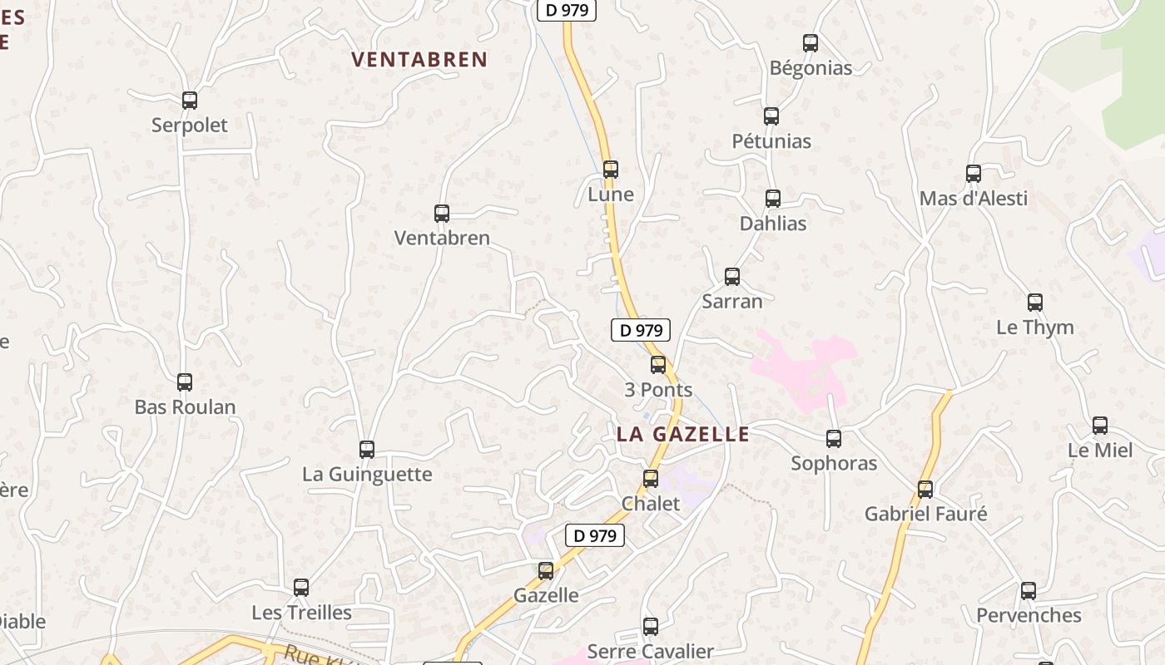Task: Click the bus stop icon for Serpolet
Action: (190, 101)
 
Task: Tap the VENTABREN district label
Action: (419, 60)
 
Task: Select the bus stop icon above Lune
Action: (610, 170)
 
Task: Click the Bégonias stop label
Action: (811, 68)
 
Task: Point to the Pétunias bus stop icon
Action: (771, 116)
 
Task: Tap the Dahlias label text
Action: (773, 224)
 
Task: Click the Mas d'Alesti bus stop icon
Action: (974, 174)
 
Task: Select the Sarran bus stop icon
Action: (732, 277)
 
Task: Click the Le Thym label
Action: (1035, 328)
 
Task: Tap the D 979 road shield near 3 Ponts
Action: (641, 330)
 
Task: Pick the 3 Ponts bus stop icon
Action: (658, 365)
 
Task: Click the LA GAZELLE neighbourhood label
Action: (683, 434)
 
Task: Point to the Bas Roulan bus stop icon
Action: (185, 382)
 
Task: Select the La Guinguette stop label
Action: (367, 475)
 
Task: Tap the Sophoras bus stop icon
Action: (834, 439)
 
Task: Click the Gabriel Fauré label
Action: (925, 515)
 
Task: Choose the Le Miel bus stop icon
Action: (1100, 426)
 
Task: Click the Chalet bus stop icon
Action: (651, 479)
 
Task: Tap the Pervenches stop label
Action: (1029, 616)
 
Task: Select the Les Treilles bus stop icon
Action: (301, 588)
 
